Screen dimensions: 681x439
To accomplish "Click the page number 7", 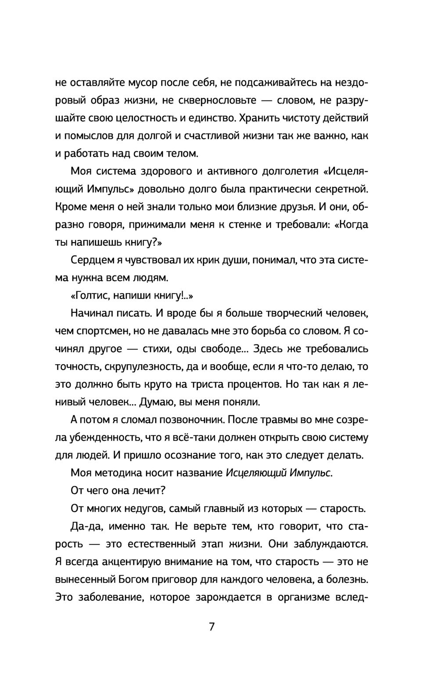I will pos(212,627).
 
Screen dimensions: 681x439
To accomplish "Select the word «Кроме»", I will pos(71,207).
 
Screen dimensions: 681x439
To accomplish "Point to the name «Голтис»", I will pos(90,296).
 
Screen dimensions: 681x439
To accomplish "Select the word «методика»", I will pos(118,473).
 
